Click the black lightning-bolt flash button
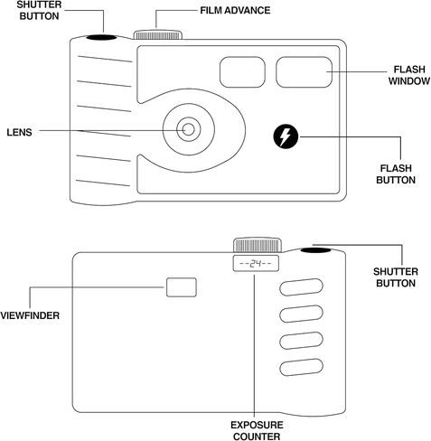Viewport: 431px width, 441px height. pyautogui.click(x=286, y=136)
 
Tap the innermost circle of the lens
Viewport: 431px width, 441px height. pyautogui.click(x=189, y=129)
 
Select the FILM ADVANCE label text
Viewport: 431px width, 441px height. pyautogui.click(x=235, y=11)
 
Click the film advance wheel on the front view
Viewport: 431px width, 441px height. pyautogui.click(x=158, y=34)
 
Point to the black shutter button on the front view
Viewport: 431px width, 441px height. pyautogui.click(x=101, y=37)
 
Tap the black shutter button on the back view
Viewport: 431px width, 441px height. pyautogui.click(x=315, y=250)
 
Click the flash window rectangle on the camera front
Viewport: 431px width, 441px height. pyautogui.click(x=304, y=72)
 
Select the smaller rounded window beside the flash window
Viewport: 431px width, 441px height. pyautogui.click(x=242, y=72)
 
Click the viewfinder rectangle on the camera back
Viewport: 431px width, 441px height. pyautogui.click(x=182, y=287)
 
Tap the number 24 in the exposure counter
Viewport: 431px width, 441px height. pyautogui.click(x=256, y=264)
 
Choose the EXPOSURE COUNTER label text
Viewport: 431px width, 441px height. pyautogui.click(x=257, y=430)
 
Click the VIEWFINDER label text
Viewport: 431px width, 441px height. pyautogui.click(x=30, y=315)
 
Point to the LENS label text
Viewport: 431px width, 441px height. pyautogui.click(x=19, y=132)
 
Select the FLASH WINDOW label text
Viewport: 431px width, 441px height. pyautogui.click(x=408, y=75)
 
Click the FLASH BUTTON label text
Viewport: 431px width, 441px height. pyautogui.click(x=396, y=174)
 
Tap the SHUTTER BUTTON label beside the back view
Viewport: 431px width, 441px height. pyautogui.click(x=396, y=277)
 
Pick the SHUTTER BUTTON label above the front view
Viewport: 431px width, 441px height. pyautogui.click(x=39, y=11)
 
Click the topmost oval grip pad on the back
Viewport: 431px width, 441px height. pyautogui.click(x=301, y=287)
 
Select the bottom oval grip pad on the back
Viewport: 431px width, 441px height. pyautogui.click(x=301, y=367)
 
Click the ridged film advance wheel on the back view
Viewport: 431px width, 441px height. pyautogui.click(x=258, y=245)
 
